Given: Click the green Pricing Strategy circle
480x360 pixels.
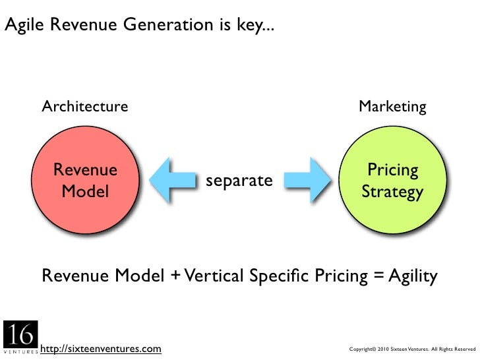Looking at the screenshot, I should (x=392, y=181).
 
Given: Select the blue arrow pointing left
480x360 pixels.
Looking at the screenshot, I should (x=173, y=181).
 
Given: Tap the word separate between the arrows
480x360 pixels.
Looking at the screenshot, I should (x=239, y=180).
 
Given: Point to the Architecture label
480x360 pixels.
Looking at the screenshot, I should (x=85, y=106).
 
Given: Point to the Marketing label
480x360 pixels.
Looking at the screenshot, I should (x=392, y=106).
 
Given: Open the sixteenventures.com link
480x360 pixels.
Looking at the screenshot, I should (x=100, y=347).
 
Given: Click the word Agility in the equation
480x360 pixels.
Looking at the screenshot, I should (x=412, y=276).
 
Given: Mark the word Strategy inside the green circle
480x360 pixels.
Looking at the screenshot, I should (x=392, y=192).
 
